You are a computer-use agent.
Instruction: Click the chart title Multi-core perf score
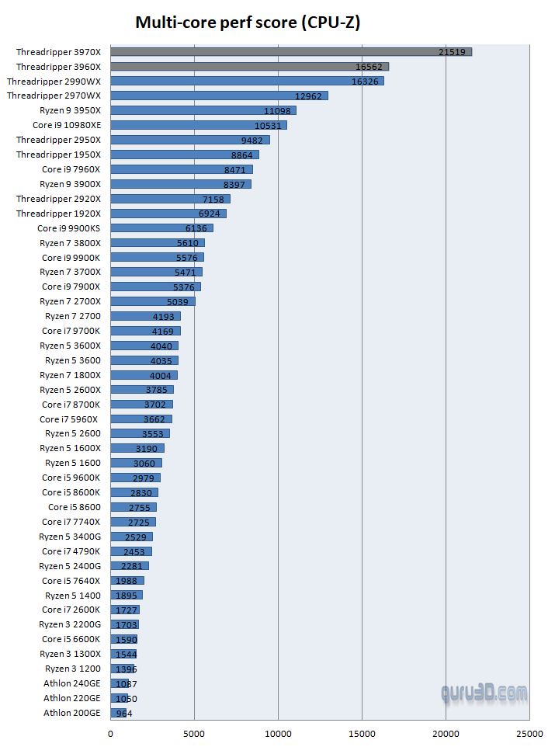(248, 23)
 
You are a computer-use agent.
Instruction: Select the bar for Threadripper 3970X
(291, 52)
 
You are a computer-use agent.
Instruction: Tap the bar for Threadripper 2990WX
(247, 81)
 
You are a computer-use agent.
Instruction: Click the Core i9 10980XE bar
(199, 125)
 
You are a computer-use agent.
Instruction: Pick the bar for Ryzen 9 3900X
(181, 184)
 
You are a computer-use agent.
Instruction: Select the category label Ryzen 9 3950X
(71, 110)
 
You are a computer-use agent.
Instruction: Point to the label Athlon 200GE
(72, 713)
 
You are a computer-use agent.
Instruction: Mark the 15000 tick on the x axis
(362, 732)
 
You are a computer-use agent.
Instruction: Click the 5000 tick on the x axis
(194, 732)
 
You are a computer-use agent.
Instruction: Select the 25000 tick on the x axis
(529, 732)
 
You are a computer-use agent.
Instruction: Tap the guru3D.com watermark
(484, 692)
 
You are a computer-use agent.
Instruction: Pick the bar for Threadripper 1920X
(168, 214)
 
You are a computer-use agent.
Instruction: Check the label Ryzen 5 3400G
(70, 537)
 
